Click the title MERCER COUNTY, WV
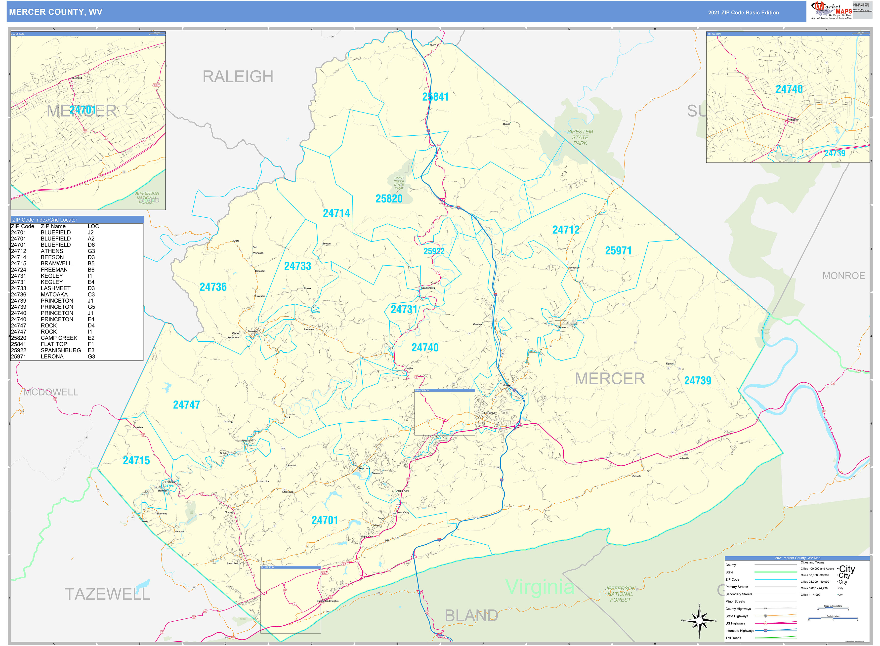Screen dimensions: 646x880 (55, 12)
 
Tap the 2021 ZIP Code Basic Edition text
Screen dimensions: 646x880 (743, 12)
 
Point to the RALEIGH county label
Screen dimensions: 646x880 (238, 77)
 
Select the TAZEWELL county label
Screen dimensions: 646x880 (108, 594)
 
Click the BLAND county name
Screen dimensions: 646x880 (471, 615)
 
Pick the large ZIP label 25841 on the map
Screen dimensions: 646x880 (435, 97)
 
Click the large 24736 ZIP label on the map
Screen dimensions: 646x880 (213, 287)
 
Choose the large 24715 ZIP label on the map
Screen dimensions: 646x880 (136, 461)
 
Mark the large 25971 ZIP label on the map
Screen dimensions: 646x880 (618, 251)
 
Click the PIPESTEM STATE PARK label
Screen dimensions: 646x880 (580, 137)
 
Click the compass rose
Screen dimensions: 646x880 (699, 621)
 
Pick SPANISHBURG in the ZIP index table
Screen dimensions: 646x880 (61, 350)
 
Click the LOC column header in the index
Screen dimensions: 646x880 (93, 226)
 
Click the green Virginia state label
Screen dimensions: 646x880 (540, 587)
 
